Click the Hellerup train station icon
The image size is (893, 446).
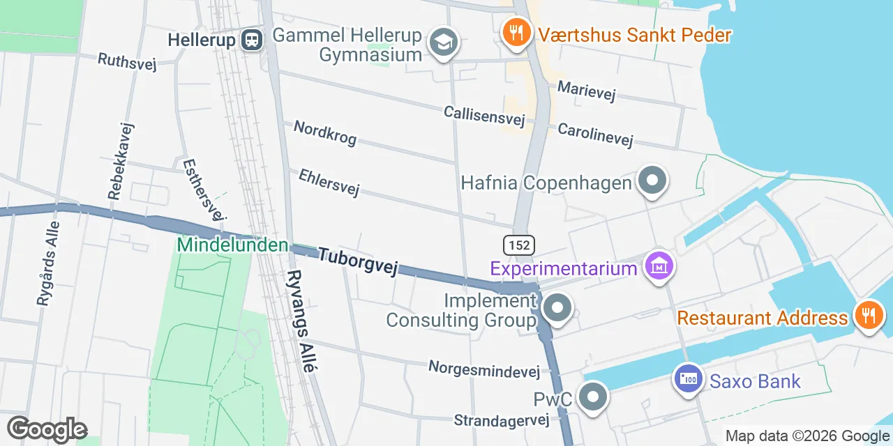[252, 40]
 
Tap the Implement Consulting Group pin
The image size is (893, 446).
[557, 308]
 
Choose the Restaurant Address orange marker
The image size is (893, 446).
[869, 315]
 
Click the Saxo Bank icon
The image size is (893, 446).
[688, 380]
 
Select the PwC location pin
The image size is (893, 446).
[593, 398]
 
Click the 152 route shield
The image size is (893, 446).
[519, 245]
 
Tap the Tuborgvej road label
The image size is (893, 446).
[358, 261]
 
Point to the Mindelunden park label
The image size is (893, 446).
[232, 245]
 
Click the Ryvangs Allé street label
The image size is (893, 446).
[302, 321]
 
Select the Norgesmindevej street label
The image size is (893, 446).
[484, 369]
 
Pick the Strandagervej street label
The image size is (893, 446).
[502, 420]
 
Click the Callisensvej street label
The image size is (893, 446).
[484, 116]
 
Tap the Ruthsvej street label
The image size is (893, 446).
[127, 61]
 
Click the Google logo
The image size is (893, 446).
[47, 429]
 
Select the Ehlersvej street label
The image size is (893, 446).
[329, 182]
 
